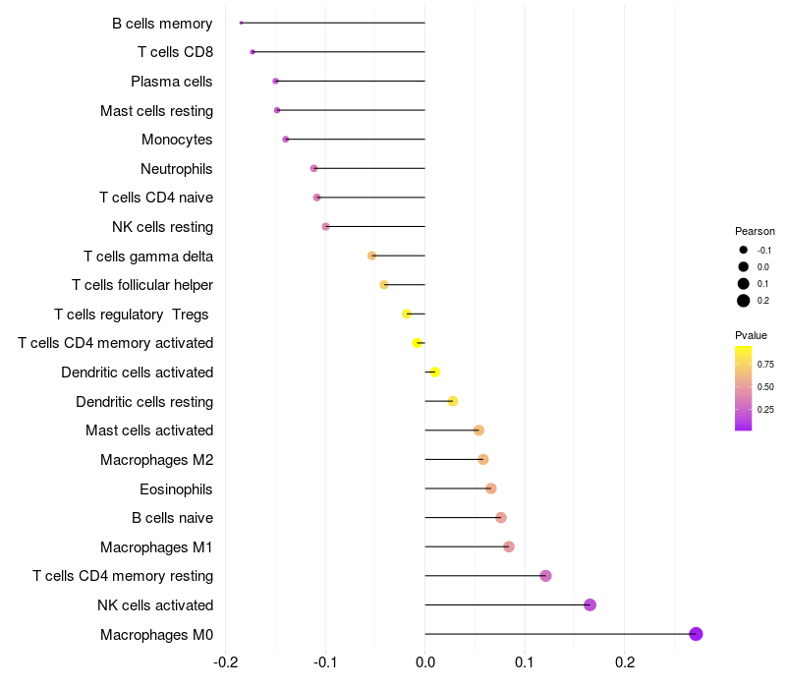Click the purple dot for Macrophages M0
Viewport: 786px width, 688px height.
click(x=696, y=634)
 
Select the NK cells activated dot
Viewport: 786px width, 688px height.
click(x=589, y=604)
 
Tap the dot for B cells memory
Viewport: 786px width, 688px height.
click(x=241, y=23)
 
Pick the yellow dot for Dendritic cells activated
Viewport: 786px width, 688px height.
click(x=434, y=372)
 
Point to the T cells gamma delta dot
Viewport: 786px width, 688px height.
click(x=371, y=256)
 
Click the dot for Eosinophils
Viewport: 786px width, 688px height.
click(x=491, y=488)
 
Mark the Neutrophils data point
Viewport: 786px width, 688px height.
click(x=313, y=168)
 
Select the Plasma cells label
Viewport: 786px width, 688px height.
click(x=172, y=82)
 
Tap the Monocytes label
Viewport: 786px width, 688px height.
click(x=177, y=140)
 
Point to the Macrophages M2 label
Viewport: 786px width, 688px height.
click(x=156, y=460)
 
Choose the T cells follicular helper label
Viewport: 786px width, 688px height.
click(x=142, y=285)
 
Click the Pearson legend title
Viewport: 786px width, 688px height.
click(x=755, y=231)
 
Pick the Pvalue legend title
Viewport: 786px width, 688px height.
click(x=752, y=335)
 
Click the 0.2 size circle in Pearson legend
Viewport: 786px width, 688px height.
click(x=744, y=301)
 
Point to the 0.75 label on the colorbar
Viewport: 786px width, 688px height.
click(x=765, y=364)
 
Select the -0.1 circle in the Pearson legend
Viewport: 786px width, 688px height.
click(x=744, y=251)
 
